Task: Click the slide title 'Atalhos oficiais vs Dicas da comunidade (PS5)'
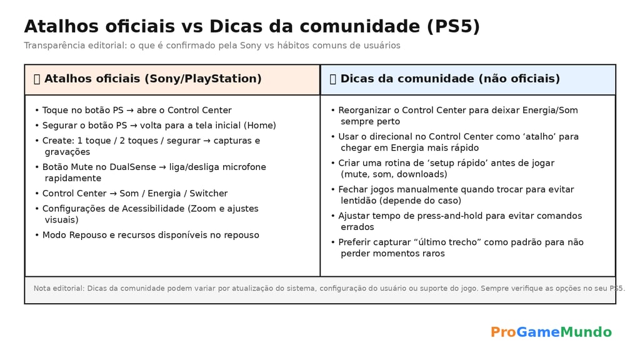(252, 27)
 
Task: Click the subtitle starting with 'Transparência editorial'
(212, 46)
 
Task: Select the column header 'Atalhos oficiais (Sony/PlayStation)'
(152, 79)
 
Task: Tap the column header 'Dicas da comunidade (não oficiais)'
(449, 79)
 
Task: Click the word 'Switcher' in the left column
(209, 194)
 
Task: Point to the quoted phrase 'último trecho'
(441, 242)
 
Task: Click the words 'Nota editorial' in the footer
(59, 289)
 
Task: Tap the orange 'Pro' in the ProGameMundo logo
(502, 332)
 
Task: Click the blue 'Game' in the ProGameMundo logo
(537, 332)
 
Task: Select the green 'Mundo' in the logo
(586, 332)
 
